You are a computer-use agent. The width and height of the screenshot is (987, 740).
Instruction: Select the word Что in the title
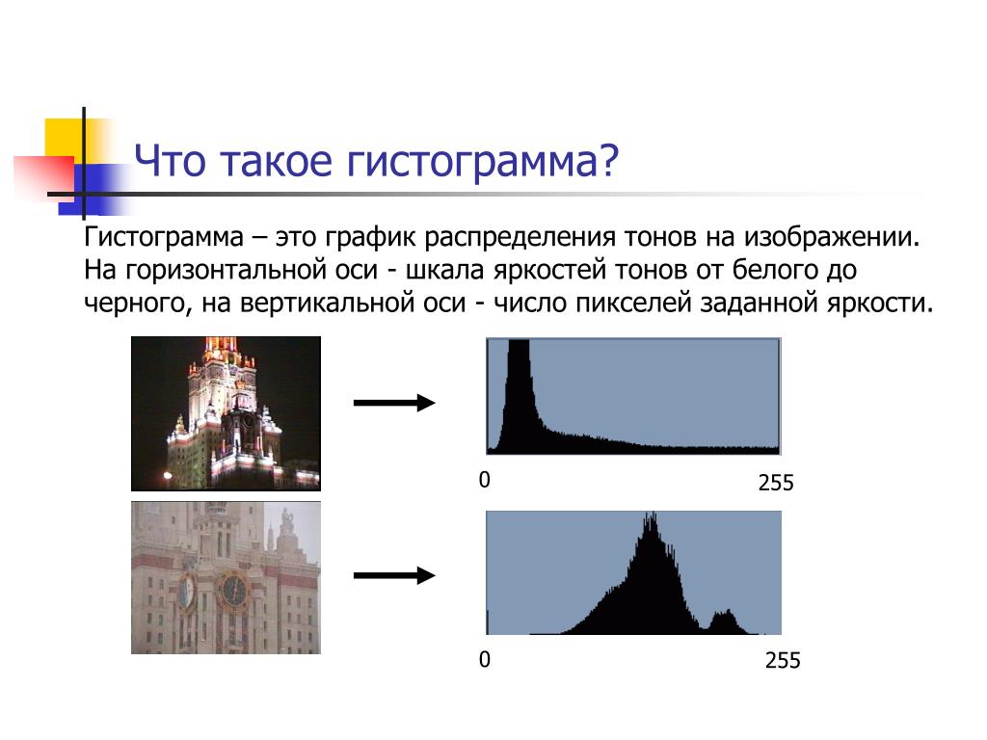point(170,161)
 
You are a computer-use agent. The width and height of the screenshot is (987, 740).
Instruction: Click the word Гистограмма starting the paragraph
point(164,238)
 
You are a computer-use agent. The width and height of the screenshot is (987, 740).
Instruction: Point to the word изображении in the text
point(832,237)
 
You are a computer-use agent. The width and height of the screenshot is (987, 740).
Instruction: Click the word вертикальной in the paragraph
point(353,303)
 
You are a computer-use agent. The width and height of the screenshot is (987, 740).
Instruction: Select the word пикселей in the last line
point(634,303)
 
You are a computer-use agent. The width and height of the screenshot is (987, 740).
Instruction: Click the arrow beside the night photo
point(394,403)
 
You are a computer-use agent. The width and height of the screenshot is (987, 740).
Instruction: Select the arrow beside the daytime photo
point(394,575)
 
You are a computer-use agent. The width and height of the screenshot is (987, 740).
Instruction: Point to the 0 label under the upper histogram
point(484,480)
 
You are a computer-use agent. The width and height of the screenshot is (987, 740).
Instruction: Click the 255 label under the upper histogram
point(776,484)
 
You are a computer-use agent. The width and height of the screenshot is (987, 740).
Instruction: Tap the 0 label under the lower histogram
point(484,659)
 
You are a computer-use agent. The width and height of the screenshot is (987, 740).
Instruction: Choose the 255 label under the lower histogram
point(783,661)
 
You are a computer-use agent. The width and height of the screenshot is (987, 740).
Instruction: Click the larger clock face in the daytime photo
point(234,591)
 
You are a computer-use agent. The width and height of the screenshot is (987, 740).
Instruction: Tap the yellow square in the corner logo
point(65,139)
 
